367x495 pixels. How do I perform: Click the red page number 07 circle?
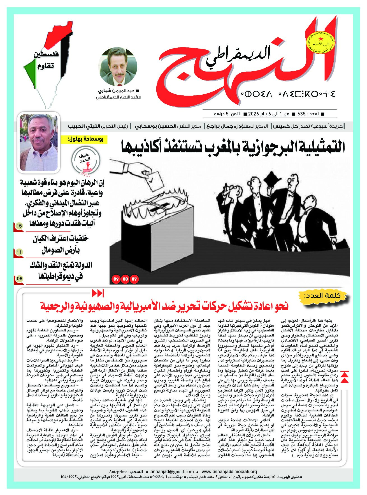click(135, 279)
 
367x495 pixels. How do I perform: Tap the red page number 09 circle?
click(116, 279)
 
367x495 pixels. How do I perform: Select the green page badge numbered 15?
click(19, 226)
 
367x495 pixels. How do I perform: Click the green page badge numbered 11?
click(19, 252)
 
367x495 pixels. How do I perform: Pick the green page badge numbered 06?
click(19, 278)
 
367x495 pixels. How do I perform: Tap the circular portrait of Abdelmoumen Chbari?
click(119, 67)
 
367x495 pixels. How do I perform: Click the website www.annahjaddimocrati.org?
click(229, 472)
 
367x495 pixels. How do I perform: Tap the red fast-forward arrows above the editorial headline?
click(98, 294)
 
